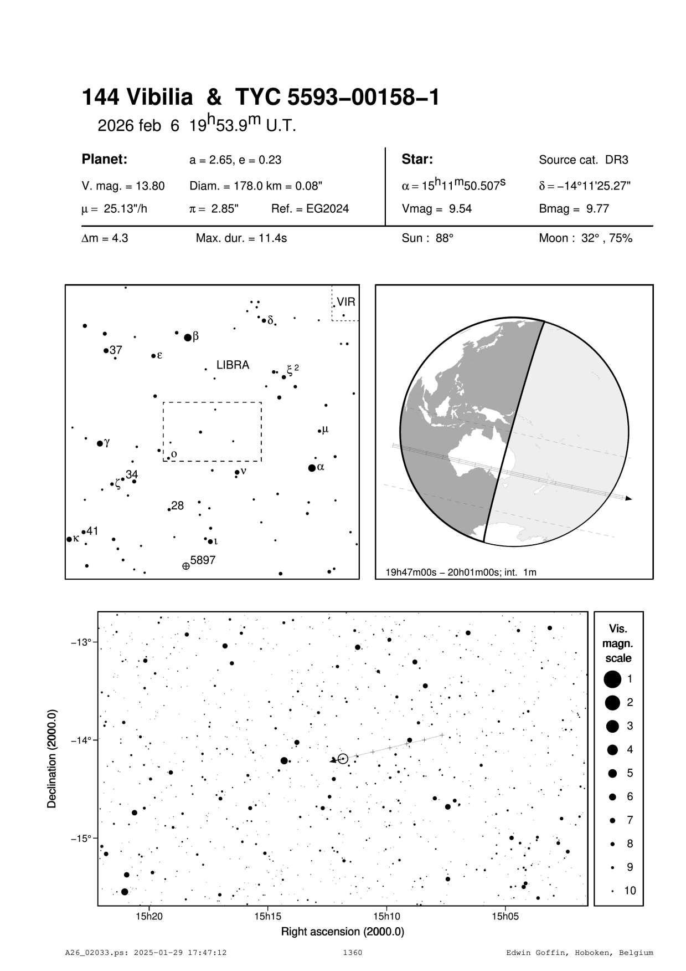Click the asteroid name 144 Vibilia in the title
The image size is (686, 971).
pos(137,98)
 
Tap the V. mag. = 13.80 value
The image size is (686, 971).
pos(123,186)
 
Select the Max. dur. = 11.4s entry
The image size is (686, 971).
pos(241,239)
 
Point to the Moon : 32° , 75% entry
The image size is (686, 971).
pos(585,239)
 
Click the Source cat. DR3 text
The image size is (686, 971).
pos(583,160)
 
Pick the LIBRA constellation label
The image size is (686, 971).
pos(233,365)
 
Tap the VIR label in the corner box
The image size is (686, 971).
pos(345,303)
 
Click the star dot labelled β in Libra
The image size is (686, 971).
pos(188,337)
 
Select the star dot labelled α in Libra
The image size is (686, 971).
pos(312,468)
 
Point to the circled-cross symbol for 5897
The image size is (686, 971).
pos(185,566)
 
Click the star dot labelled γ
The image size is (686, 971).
pos(100,443)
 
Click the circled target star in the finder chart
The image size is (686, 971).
pos(343,758)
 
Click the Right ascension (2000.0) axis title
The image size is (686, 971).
pos(342,932)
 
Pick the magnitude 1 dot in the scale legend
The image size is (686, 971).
pos(612,678)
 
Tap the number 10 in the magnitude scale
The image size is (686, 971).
pos(630,891)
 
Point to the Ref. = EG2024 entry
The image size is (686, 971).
pos(310,209)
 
